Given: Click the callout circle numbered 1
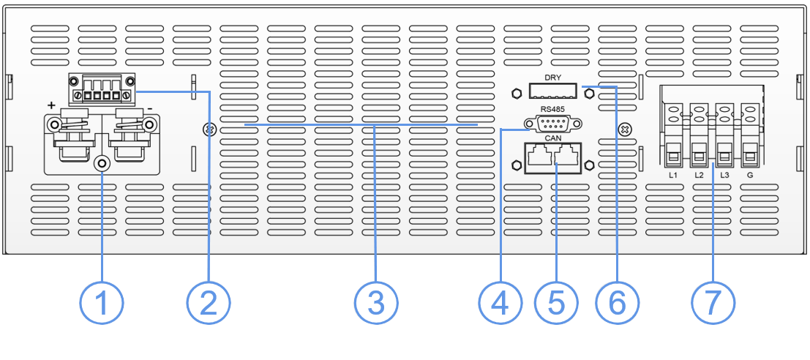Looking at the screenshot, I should [x=102, y=302].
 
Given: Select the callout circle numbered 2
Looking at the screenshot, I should [x=209, y=302].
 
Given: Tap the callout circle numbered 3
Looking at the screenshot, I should [x=376, y=302].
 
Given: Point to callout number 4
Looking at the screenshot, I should [x=500, y=302].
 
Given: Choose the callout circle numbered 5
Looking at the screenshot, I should [x=556, y=302].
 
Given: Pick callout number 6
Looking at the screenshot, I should [x=618, y=302].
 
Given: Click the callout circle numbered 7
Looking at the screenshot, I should [x=713, y=302].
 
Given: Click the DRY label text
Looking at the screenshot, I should [x=552, y=77].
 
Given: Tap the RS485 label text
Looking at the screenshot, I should [x=552, y=110].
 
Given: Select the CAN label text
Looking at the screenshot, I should [x=552, y=137].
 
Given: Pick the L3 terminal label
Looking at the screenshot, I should [x=725, y=177].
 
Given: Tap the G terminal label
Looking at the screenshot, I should [x=750, y=177].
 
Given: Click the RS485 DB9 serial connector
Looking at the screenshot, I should [x=552, y=124].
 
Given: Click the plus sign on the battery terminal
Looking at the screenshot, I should [x=51, y=106].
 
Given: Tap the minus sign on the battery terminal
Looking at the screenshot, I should [x=149, y=107].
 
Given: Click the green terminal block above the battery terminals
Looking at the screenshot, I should [x=102, y=89].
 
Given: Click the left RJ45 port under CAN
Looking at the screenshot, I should [x=540, y=156].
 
